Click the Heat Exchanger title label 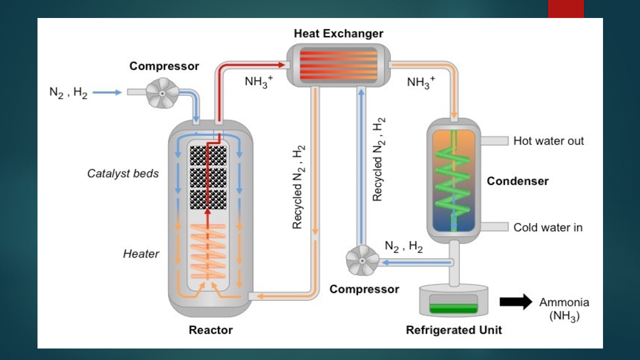[338, 33]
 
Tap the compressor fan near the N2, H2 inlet [162, 93]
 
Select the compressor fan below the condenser [362, 260]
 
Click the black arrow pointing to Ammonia [516, 301]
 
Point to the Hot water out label [548, 141]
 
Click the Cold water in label [547, 227]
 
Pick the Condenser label [517, 181]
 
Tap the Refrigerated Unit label [453, 330]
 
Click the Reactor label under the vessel [210, 330]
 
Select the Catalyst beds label [123, 173]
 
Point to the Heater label [141, 253]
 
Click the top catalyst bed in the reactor [208, 155]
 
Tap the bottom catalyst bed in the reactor [208, 199]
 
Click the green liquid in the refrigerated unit [453, 308]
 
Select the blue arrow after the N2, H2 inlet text [107, 92]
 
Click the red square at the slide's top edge [565, 9]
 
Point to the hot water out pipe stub [494, 141]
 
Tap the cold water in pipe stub [494, 227]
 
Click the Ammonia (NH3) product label [564, 309]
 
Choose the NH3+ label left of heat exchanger [259, 82]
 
